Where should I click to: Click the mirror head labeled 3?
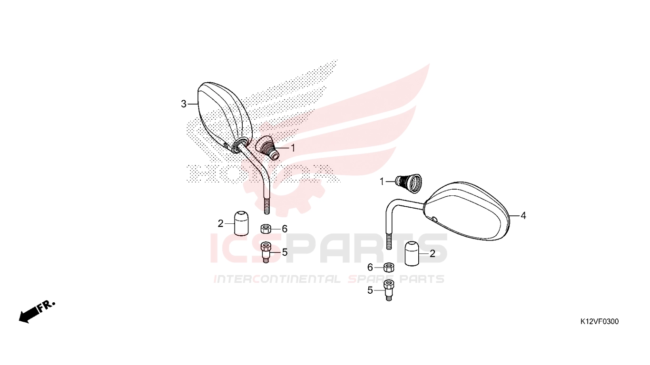(224, 116)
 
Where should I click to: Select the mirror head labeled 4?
(467, 211)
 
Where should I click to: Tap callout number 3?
(183, 104)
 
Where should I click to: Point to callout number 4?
(523, 216)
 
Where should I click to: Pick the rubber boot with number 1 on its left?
(408, 183)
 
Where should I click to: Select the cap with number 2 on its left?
(241, 223)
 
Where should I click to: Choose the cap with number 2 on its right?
(412, 253)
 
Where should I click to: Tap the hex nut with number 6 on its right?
(266, 229)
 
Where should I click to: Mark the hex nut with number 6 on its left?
(389, 267)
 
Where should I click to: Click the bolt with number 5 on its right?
(266, 252)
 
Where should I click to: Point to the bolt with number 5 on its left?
(389, 290)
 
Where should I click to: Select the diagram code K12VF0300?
(599, 321)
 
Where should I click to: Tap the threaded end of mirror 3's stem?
(266, 206)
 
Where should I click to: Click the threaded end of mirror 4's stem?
(389, 240)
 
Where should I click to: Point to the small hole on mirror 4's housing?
(434, 219)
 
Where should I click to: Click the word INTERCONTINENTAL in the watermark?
(277, 279)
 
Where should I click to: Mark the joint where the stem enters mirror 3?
(241, 144)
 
